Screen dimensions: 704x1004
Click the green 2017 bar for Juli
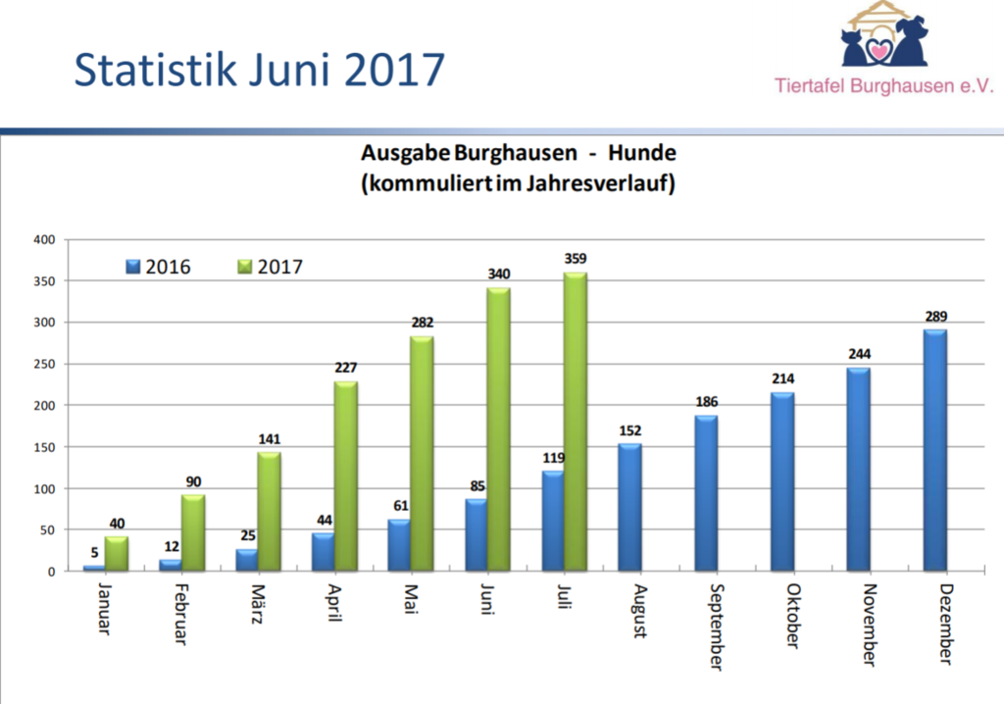pyautogui.click(x=575, y=422)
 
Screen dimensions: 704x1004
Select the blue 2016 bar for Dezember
pyautogui.click(x=934, y=450)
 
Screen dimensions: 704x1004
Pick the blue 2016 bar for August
pyautogui.click(x=629, y=507)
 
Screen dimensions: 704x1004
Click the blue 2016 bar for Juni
pyautogui.click(x=477, y=535)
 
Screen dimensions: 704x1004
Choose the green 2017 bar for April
pyautogui.click(x=345, y=477)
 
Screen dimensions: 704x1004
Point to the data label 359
pyautogui.click(x=576, y=259)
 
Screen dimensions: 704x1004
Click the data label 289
pyautogui.click(x=934, y=317)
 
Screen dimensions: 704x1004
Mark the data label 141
pyautogui.click(x=269, y=439)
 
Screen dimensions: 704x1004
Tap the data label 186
pyautogui.click(x=706, y=402)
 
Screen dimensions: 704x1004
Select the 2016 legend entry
pyautogui.click(x=159, y=267)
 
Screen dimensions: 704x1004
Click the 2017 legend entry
pyautogui.click(x=271, y=267)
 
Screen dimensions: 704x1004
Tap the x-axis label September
pyautogui.click(x=714, y=628)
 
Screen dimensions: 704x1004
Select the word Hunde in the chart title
pyautogui.click(x=642, y=153)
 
